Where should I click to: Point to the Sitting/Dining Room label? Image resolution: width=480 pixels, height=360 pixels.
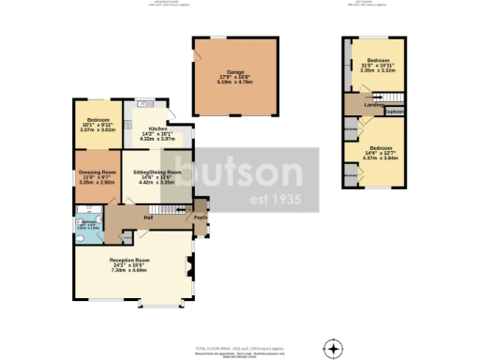[157, 173]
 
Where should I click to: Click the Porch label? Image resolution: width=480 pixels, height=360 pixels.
[199, 217]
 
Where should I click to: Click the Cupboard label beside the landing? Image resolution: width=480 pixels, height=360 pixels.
[394, 112]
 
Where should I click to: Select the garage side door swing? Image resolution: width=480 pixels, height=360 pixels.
[198, 58]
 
